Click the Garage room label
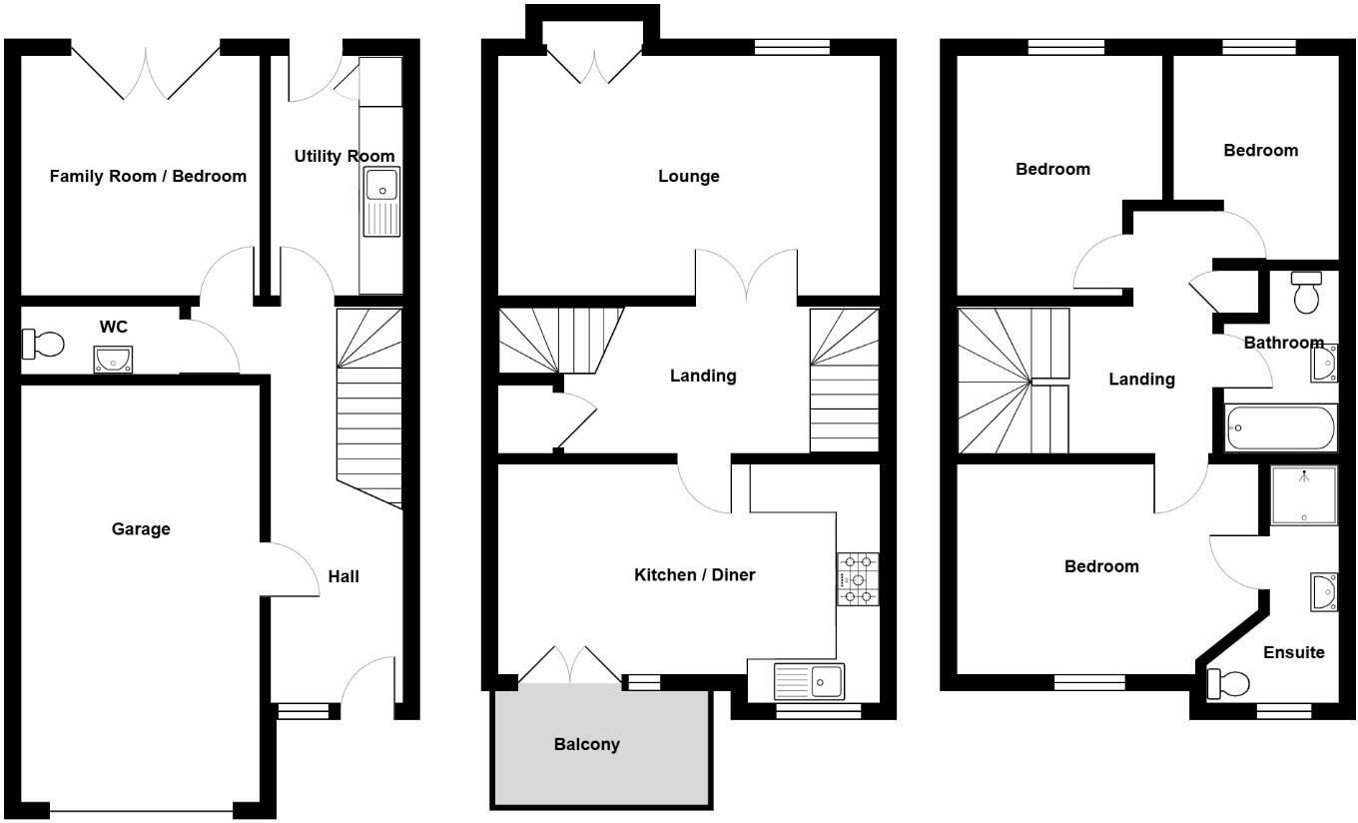pos(141,529)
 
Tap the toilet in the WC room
pos(43,345)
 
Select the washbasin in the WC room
pos(113,359)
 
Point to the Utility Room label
pos(344,157)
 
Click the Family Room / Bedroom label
pos(148,177)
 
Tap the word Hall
pos(343,576)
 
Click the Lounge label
pos(689,177)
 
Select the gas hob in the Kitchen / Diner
pos(858,578)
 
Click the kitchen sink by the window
pos(810,681)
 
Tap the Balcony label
pos(587,744)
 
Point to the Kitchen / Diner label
pos(695,574)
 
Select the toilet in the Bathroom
pos(1306,291)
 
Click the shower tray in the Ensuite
pos(1304,496)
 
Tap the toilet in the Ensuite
pos(1228,684)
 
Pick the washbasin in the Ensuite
pos(1324,592)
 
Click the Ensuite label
pos(1294,652)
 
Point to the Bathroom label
pos(1283,343)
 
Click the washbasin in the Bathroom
pos(1325,363)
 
